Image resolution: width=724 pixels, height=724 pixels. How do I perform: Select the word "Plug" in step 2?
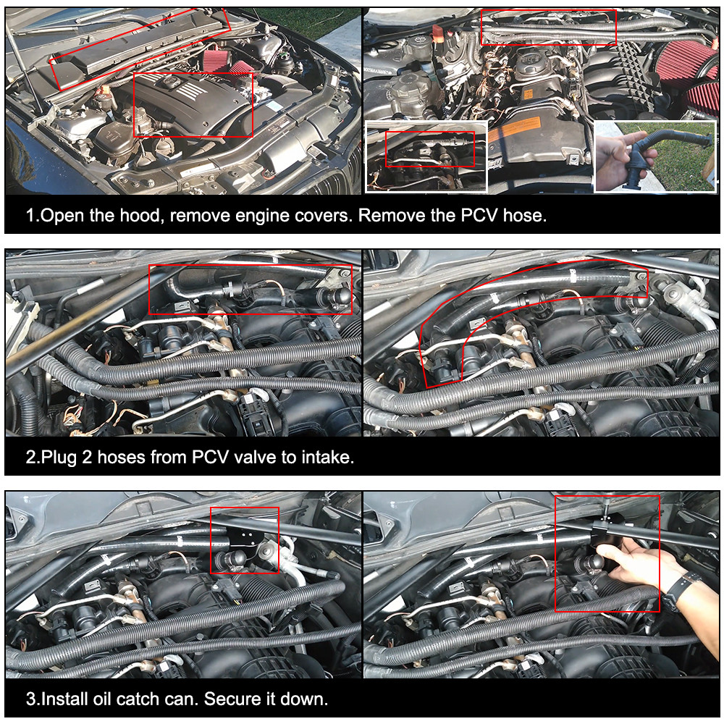tap(59, 457)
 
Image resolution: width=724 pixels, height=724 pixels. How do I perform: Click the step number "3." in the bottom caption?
tap(33, 699)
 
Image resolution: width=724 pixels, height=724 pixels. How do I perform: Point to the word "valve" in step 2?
tap(255, 457)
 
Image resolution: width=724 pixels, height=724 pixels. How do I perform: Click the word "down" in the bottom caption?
tap(305, 699)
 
